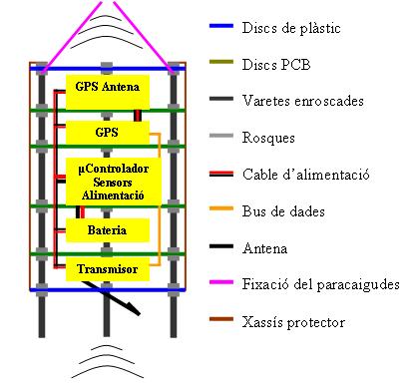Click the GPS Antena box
click(x=106, y=87)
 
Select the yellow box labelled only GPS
click(x=106, y=131)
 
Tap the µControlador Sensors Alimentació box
click(x=106, y=181)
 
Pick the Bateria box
click(x=106, y=230)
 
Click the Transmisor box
click(x=106, y=267)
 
